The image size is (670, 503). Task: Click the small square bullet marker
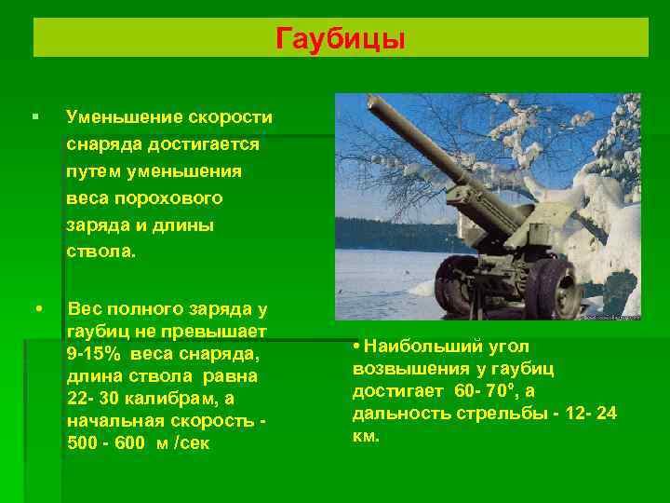click(x=34, y=117)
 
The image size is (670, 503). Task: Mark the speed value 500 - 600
click(x=106, y=442)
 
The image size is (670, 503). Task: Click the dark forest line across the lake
click(x=391, y=233)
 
